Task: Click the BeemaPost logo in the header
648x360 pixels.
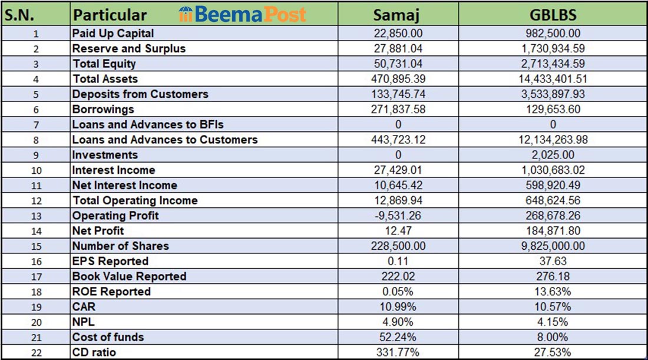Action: (x=242, y=14)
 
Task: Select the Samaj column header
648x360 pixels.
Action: (x=398, y=14)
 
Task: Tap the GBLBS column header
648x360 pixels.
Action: (x=553, y=14)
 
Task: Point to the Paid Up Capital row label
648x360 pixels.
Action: (x=113, y=34)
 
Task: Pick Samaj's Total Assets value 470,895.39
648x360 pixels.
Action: (x=398, y=79)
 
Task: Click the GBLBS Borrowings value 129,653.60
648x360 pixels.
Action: (x=553, y=110)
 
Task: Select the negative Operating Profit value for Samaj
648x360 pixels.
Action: (x=398, y=216)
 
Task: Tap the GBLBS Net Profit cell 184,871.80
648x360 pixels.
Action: (x=553, y=231)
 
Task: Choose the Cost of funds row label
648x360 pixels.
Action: (x=108, y=338)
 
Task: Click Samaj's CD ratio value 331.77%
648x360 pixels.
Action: (x=398, y=353)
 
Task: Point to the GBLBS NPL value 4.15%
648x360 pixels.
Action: (x=553, y=322)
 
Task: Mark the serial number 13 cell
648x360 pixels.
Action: (x=35, y=216)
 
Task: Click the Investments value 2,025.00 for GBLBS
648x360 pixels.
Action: (x=553, y=155)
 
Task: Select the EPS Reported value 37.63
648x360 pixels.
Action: (x=553, y=261)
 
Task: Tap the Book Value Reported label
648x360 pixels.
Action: (x=129, y=276)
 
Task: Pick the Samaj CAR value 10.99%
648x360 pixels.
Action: (x=398, y=307)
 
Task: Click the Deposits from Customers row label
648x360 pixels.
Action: (x=140, y=94)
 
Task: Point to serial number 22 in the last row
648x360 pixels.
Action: (x=35, y=353)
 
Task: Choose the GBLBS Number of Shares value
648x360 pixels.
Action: (x=553, y=246)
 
